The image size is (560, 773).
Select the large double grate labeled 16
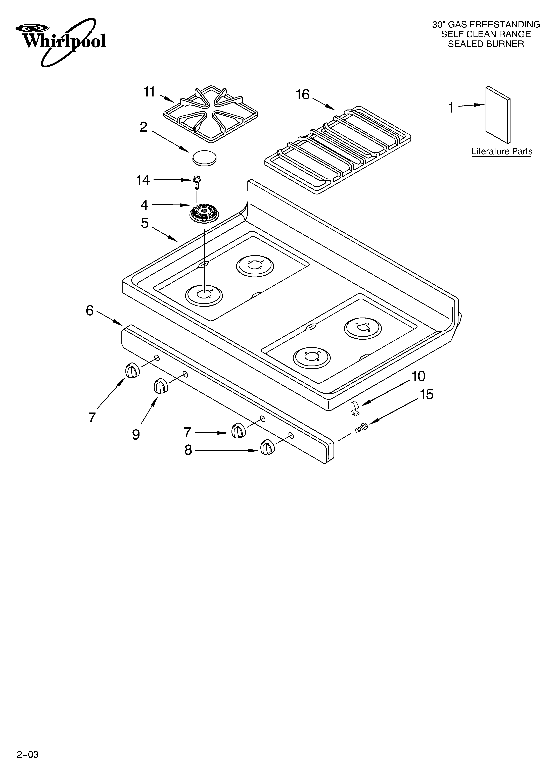[338, 150]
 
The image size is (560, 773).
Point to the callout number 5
[145, 223]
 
